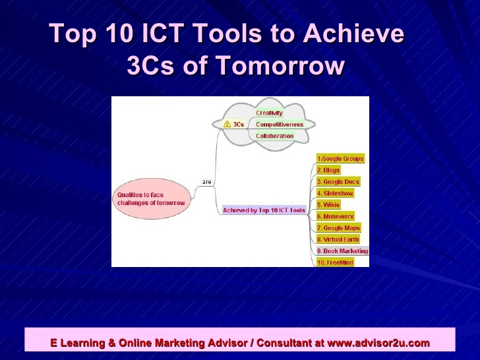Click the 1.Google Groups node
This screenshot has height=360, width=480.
(x=340, y=159)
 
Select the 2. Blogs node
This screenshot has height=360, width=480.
(x=328, y=170)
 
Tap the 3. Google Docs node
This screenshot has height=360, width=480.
(x=338, y=182)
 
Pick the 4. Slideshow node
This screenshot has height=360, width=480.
(x=335, y=193)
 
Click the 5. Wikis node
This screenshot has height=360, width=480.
(x=328, y=205)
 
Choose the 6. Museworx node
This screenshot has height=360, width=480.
(x=336, y=216)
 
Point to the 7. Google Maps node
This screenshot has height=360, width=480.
(x=338, y=228)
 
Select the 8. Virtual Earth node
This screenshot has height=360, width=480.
(x=338, y=239)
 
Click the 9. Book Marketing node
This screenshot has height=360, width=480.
(x=342, y=251)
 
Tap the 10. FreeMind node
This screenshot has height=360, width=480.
(x=335, y=262)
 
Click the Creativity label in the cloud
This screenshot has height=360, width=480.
(x=269, y=113)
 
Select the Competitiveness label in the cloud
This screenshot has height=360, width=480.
(x=280, y=124)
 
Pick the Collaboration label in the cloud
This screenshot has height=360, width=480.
(x=275, y=136)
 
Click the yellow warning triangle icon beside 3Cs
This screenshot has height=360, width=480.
(x=227, y=124)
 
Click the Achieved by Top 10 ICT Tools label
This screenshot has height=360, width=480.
(x=264, y=210)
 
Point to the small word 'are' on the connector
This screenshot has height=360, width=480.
(x=206, y=181)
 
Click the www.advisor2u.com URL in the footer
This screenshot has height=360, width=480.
(x=378, y=343)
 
